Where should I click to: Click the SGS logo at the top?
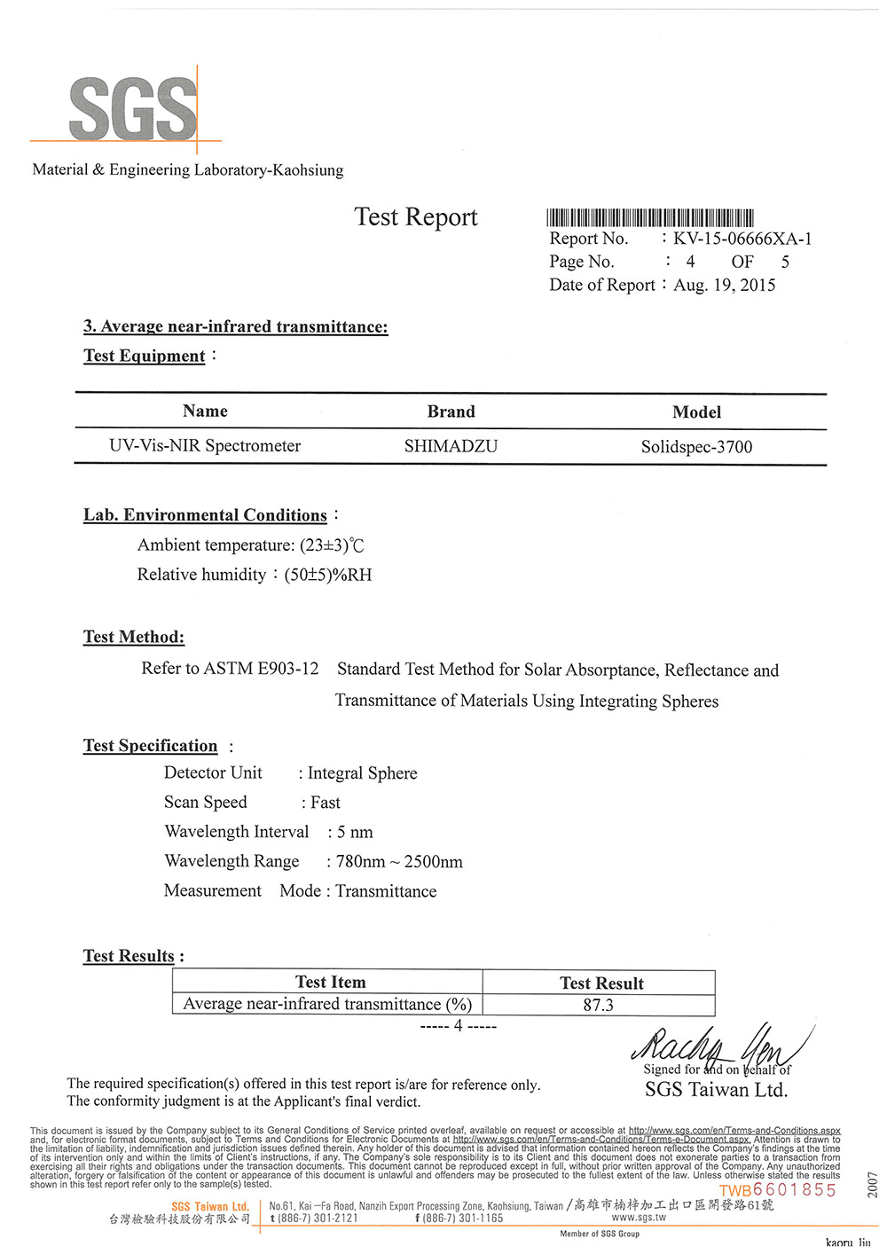point(133,108)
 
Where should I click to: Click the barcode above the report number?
point(650,218)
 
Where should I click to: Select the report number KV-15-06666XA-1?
point(742,239)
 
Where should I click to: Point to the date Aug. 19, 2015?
point(724,285)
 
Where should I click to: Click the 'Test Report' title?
point(416,217)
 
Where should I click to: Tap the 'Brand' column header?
point(451,411)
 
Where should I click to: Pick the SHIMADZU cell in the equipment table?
point(451,446)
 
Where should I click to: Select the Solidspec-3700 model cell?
point(696,447)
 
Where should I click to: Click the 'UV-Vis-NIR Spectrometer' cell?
point(205,446)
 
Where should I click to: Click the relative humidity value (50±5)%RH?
point(328,575)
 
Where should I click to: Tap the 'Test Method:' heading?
point(134,637)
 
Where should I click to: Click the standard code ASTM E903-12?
point(261,669)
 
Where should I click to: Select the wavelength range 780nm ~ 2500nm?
point(399,862)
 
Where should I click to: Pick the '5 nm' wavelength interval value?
point(355,833)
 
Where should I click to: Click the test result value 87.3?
point(599,1005)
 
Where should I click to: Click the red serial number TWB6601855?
point(778,1190)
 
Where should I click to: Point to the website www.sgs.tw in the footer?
point(638,1218)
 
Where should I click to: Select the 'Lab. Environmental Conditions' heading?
point(205,515)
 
